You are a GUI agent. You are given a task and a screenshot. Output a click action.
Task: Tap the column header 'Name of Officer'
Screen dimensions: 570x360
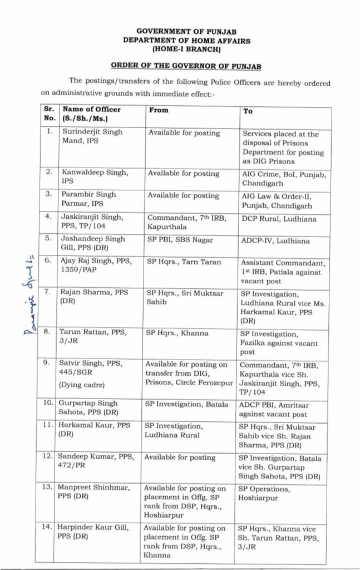click(x=91, y=110)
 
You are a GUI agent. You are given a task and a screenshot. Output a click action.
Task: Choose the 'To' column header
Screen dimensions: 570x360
click(x=248, y=111)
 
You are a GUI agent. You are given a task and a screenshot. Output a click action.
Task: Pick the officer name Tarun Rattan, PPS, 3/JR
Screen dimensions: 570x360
click(x=92, y=337)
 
